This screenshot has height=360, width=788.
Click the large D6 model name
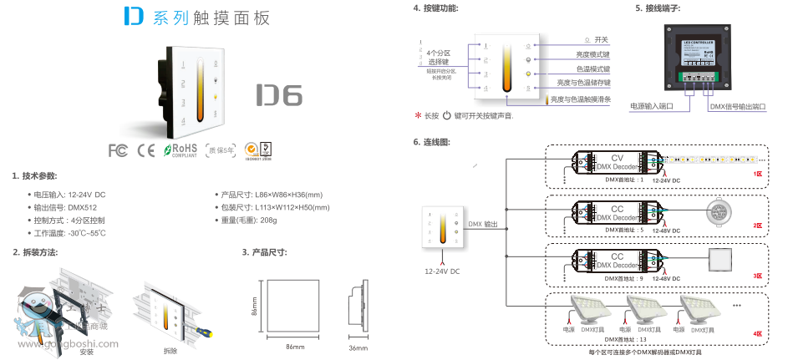pos(277,94)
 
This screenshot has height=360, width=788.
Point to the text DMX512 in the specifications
pos(84,207)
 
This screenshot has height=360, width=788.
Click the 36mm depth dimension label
pos(358,345)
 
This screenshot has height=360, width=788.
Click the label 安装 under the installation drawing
pos(86,352)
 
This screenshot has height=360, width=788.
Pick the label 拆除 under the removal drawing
pos(170,352)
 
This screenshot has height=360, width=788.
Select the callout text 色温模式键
pos(593,68)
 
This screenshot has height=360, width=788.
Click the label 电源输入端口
pos(652,107)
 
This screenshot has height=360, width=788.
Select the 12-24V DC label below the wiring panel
pos(442,271)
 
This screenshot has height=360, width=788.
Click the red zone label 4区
pos(757,333)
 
